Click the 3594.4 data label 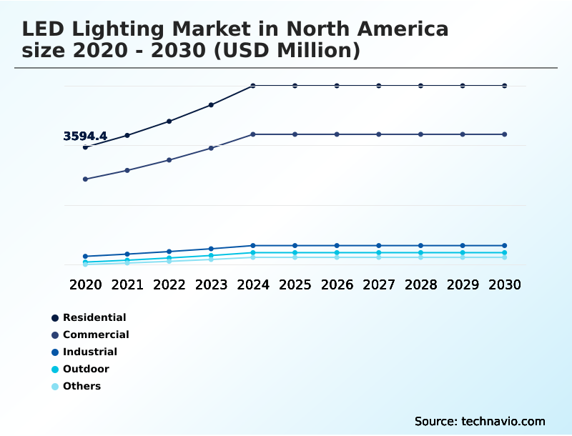[x=85, y=136]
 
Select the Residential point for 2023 [x=211, y=105]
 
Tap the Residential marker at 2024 [x=253, y=86]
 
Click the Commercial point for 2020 [x=85, y=179]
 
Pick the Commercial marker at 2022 [x=169, y=160]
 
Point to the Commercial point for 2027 [x=379, y=134]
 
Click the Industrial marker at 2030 [x=505, y=246]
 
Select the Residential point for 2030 [x=505, y=86]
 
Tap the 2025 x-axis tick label [x=295, y=284]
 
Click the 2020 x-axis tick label [x=85, y=284]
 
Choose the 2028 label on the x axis [x=420, y=284]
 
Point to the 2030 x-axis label [x=505, y=284]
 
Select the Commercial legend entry [x=96, y=335]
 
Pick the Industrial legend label [x=90, y=352]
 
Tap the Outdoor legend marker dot [x=55, y=370]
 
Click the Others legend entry [x=82, y=386]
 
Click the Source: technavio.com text [x=480, y=421]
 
